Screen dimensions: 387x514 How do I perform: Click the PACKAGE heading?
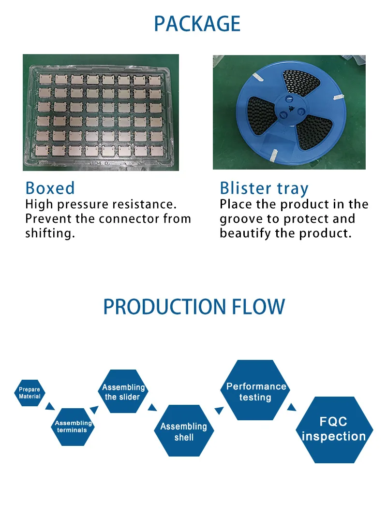[197, 24]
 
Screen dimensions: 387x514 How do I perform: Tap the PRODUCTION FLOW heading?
[194, 307]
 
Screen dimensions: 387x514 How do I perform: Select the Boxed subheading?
[50, 188]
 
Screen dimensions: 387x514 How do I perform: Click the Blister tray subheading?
[264, 189]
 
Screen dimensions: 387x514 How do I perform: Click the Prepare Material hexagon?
[30, 393]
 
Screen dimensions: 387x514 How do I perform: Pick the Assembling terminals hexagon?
[73, 427]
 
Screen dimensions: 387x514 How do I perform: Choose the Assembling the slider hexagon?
[123, 391]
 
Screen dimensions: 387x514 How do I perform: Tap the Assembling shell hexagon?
[184, 431]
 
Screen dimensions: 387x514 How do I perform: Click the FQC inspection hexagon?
[334, 430]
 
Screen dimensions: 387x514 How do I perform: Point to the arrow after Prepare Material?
[50, 406]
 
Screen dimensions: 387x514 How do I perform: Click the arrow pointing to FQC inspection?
[291, 407]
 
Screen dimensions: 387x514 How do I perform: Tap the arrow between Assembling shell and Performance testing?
[219, 411]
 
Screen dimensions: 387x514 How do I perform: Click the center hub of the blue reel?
[290, 109]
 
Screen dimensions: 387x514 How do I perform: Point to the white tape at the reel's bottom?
[273, 156]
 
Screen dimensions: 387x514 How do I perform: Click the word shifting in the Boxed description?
[50, 233]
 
